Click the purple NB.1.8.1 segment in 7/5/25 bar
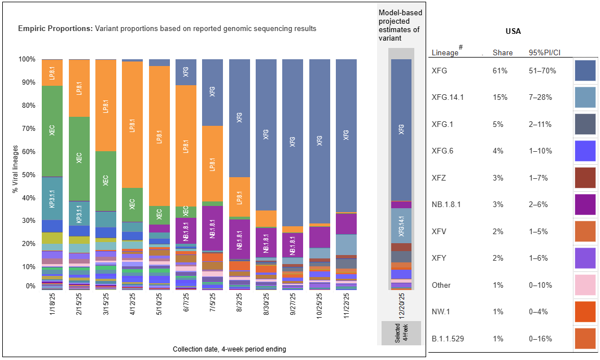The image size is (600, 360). click(212, 228)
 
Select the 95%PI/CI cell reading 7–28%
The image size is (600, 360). click(540, 97)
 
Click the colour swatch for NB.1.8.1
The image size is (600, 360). click(585, 204)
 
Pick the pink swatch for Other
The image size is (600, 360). click(585, 285)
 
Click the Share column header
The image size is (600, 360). click(502, 53)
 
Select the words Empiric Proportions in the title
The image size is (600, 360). click(55, 28)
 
